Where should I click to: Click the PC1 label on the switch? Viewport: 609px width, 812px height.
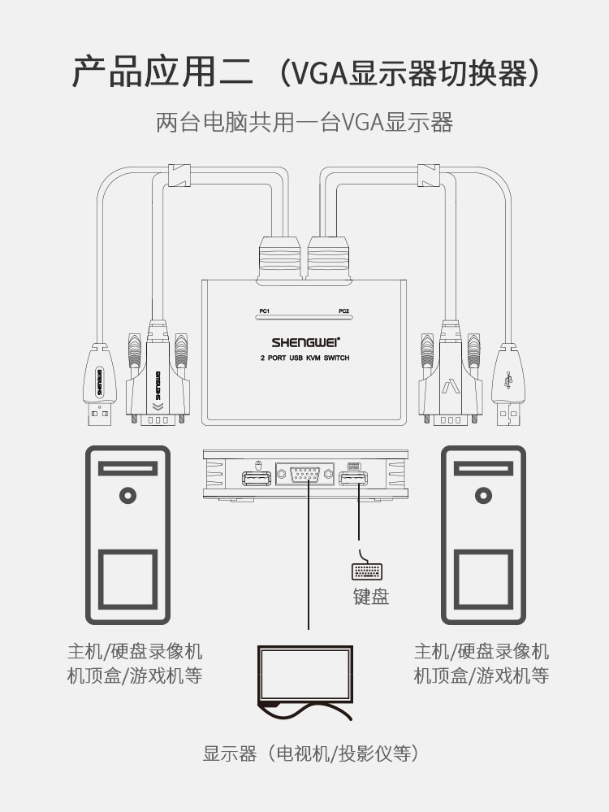(x=265, y=310)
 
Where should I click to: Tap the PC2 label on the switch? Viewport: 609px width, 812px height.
(x=344, y=310)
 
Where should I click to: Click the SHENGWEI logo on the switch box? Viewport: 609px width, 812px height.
(x=306, y=342)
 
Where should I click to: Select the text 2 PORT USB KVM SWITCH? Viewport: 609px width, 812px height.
(x=304, y=358)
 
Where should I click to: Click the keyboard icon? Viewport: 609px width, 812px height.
(x=367, y=571)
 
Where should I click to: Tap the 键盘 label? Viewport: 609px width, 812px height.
(x=371, y=597)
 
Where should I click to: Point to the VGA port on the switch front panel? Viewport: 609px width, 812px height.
(x=304, y=475)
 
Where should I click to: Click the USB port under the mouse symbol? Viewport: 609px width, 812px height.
(x=257, y=478)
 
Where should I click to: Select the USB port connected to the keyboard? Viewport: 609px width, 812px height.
(x=353, y=478)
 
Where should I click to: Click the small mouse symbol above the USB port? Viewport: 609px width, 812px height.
(x=259, y=464)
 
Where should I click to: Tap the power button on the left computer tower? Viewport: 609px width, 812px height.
(x=127, y=495)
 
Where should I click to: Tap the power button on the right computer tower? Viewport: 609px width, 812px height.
(x=483, y=495)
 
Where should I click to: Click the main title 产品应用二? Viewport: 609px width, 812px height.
(x=162, y=72)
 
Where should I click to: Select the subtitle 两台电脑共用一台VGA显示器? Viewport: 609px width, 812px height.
(x=304, y=123)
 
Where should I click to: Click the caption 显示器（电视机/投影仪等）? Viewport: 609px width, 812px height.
(x=310, y=753)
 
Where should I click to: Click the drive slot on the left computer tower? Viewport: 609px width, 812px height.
(x=127, y=469)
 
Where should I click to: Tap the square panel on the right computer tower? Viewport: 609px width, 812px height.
(x=484, y=579)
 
